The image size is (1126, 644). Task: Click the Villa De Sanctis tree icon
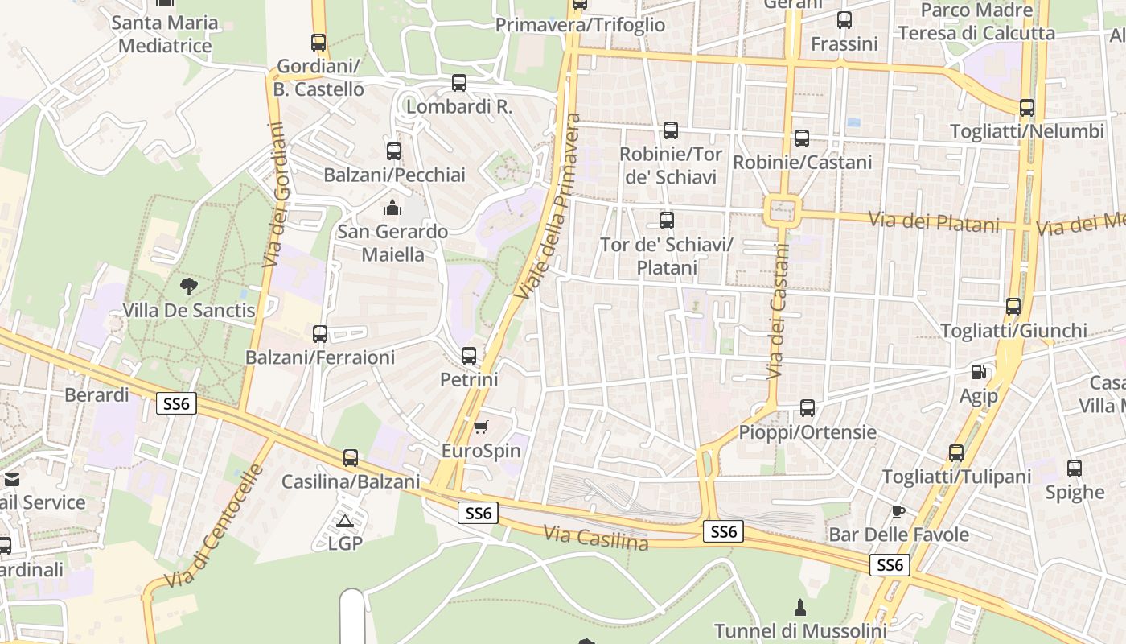tap(188, 286)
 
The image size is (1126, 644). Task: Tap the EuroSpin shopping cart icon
tap(480, 427)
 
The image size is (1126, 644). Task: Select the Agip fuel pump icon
tap(979, 372)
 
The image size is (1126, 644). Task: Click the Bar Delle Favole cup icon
tap(898, 511)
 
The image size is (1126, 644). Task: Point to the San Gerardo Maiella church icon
tap(392, 208)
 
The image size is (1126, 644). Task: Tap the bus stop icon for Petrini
tap(469, 355)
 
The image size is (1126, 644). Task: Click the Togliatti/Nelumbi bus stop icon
tap(1026, 108)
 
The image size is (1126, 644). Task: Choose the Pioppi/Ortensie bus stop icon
tap(808, 408)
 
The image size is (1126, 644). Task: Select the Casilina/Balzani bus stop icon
tap(351, 458)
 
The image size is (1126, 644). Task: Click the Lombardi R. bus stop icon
tap(459, 82)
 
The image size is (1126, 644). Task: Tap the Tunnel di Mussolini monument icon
tap(800, 607)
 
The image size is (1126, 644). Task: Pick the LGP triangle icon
tap(345, 521)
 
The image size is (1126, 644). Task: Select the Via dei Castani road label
tap(779, 311)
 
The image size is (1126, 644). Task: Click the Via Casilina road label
tap(596, 538)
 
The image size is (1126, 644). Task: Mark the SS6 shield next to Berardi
tap(176, 403)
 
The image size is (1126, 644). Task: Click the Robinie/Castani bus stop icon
tap(802, 138)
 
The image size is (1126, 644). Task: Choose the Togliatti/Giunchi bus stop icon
tap(1013, 307)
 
